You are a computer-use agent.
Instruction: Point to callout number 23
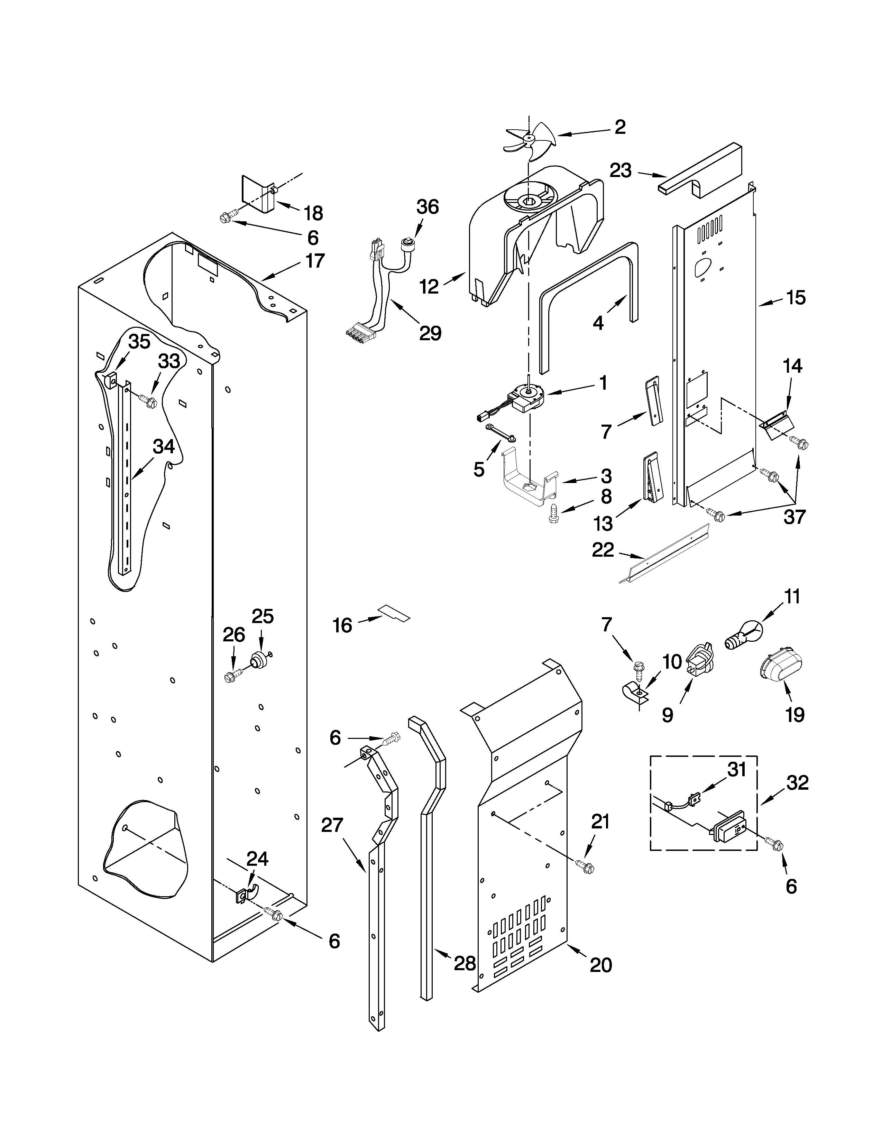coord(621,170)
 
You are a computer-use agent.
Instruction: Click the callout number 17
coord(315,260)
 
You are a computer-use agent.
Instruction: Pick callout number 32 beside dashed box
coord(797,782)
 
